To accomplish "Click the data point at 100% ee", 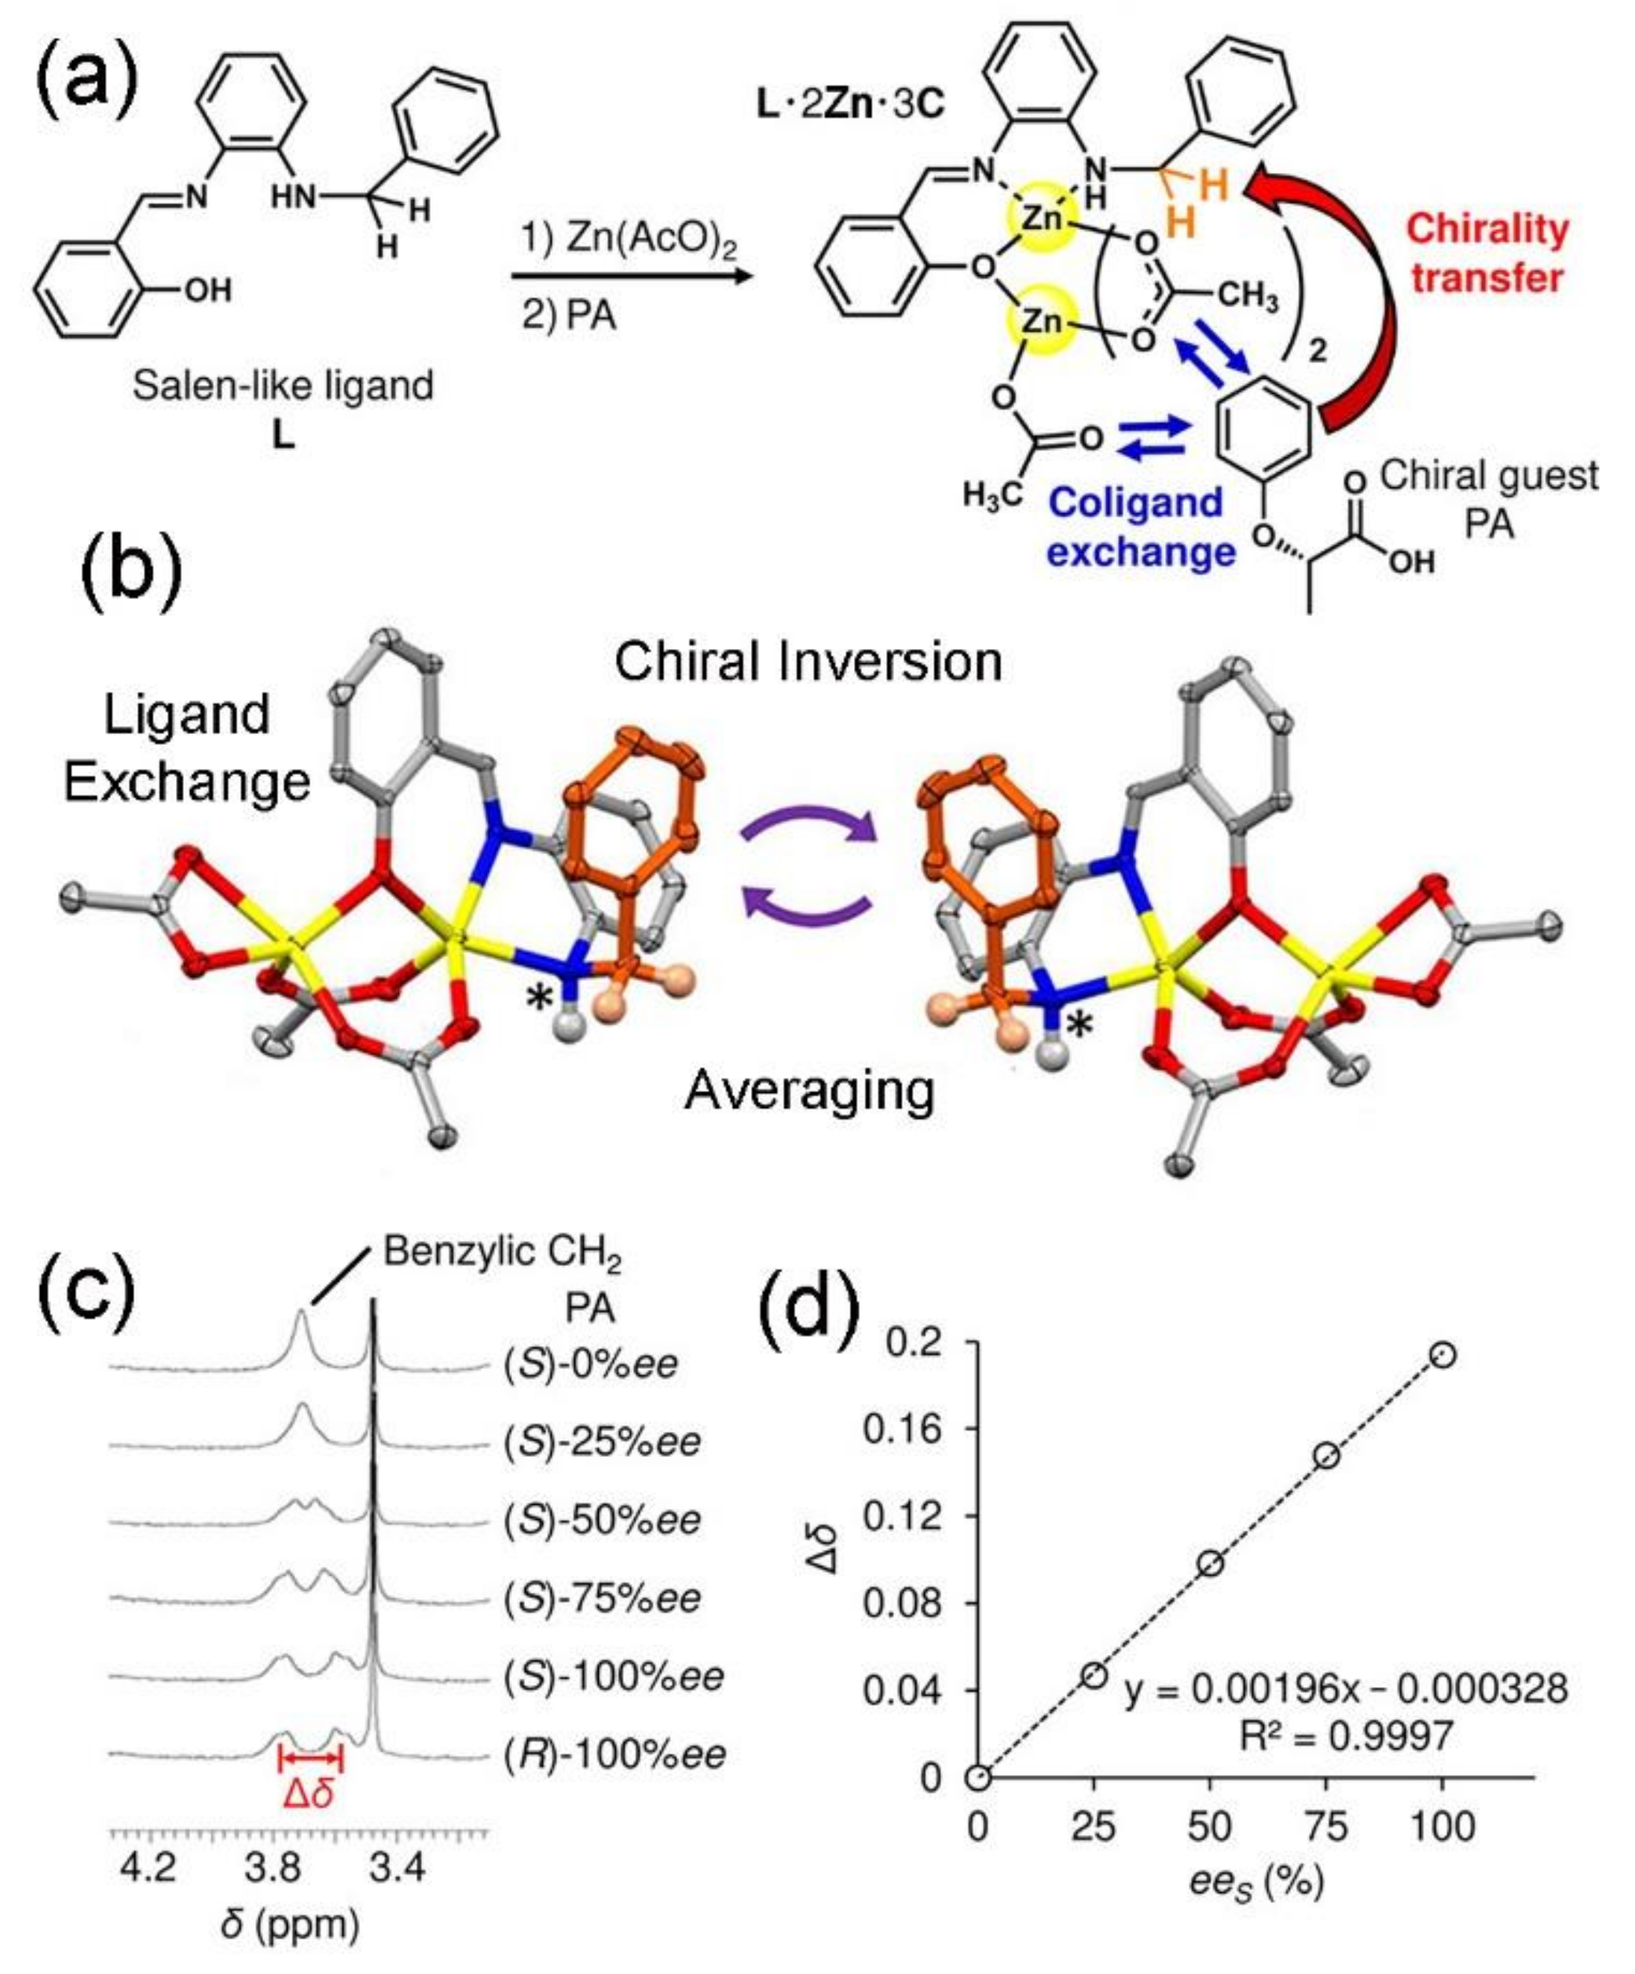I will click(x=1443, y=1355).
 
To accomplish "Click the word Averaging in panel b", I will click(x=809, y=1091).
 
